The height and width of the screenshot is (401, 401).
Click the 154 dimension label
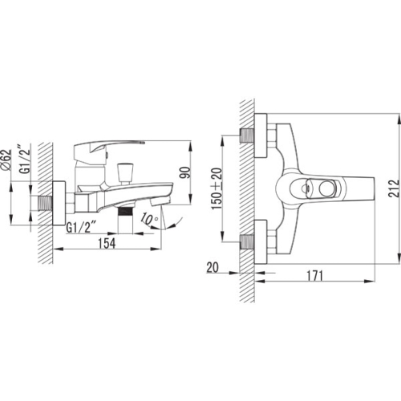[107, 243]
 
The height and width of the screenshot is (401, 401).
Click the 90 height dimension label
[186, 172]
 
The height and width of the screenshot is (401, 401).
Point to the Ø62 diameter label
[6, 160]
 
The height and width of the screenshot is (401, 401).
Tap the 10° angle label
[149, 219]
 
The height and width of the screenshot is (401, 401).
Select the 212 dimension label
[394, 188]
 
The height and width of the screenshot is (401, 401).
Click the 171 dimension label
[314, 276]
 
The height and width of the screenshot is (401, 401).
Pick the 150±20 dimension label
[217, 188]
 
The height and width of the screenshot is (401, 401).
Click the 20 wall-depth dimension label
[213, 267]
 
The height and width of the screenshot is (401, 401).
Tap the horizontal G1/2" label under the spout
[81, 228]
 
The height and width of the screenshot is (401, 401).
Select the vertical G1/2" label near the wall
[26, 159]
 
